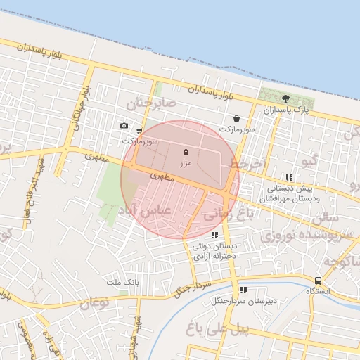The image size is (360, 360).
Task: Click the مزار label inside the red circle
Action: pos(186,163)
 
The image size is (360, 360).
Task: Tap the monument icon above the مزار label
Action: pos(186,153)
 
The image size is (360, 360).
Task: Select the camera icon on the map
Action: pos(124,126)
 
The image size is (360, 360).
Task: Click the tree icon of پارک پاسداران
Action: pos(285,98)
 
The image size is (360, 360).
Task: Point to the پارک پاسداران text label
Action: pos(286,110)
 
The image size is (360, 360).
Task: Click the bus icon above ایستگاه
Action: pos(319,281)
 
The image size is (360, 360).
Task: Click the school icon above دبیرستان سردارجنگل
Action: pos(243,290)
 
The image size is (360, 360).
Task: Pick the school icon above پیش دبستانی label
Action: pos(288,178)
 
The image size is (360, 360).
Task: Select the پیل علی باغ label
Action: pos(221,327)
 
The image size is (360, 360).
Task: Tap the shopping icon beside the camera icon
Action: pos(139,131)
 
